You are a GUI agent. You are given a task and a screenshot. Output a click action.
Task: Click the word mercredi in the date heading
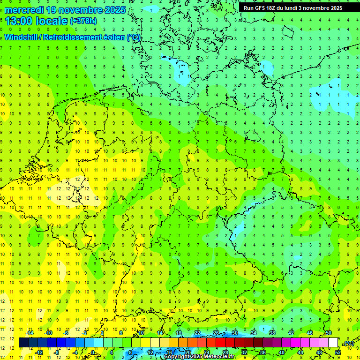(23, 10)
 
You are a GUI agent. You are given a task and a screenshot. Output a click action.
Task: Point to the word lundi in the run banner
(291, 8)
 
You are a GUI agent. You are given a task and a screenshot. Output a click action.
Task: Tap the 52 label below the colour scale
(338, 352)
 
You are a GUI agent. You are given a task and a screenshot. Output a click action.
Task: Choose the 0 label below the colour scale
(94, 352)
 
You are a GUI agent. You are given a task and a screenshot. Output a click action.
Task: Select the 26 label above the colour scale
(216, 333)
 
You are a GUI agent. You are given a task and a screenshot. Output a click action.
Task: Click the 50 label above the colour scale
(329, 333)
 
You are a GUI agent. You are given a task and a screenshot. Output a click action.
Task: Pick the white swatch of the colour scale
(333, 343)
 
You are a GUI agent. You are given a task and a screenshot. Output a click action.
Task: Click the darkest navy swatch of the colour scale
(23, 343)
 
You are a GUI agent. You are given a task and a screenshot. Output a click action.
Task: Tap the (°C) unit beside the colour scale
(349, 343)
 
